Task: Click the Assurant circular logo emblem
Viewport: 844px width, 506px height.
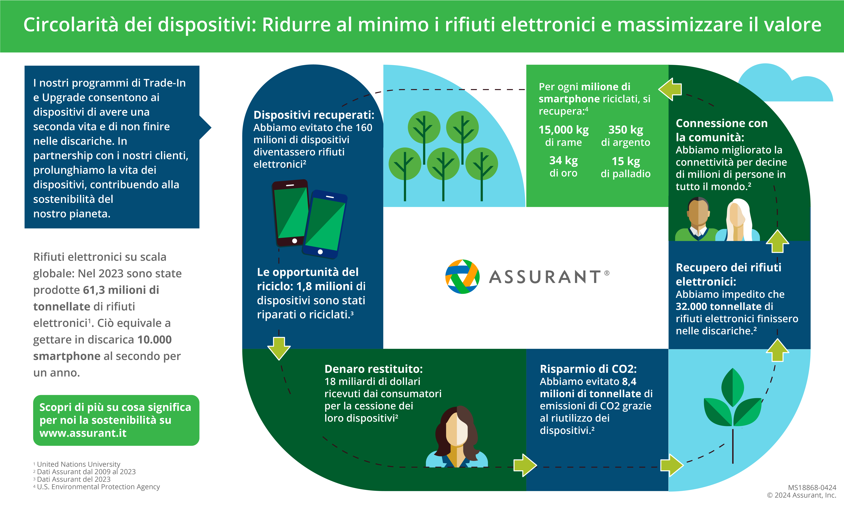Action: pyautogui.click(x=462, y=277)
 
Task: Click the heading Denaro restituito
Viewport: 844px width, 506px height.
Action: pyautogui.click(x=373, y=369)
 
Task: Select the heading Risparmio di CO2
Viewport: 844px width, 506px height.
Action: pyautogui.click(x=588, y=369)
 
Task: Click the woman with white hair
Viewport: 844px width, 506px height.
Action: pyautogui.click(x=738, y=221)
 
